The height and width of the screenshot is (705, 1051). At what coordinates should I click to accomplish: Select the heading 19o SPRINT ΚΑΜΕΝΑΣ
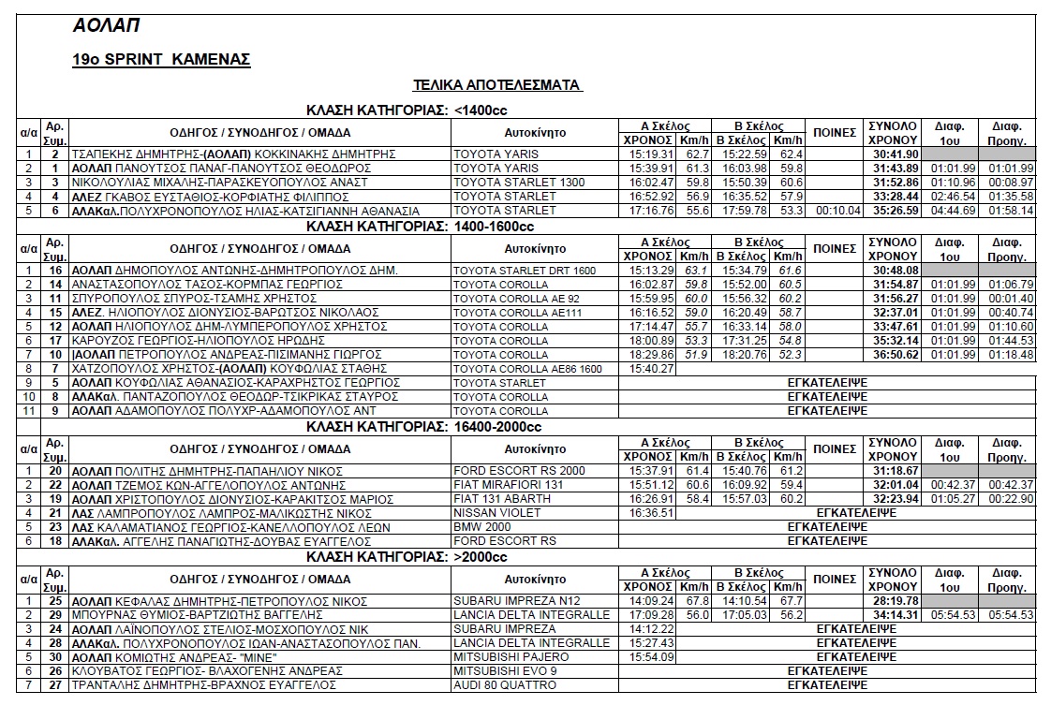pyautogui.click(x=161, y=60)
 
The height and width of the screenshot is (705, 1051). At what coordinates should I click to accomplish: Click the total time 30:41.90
pyautogui.click(x=893, y=154)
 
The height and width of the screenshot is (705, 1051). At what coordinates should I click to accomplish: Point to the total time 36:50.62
pyautogui.click(x=893, y=355)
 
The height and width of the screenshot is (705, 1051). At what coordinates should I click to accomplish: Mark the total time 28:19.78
pyautogui.click(x=893, y=601)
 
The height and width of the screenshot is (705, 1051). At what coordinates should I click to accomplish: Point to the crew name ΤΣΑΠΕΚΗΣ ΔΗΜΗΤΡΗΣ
pyautogui.click(x=128, y=154)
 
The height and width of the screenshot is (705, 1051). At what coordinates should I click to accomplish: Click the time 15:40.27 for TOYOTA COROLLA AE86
pyautogui.click(x=648, y=369)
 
